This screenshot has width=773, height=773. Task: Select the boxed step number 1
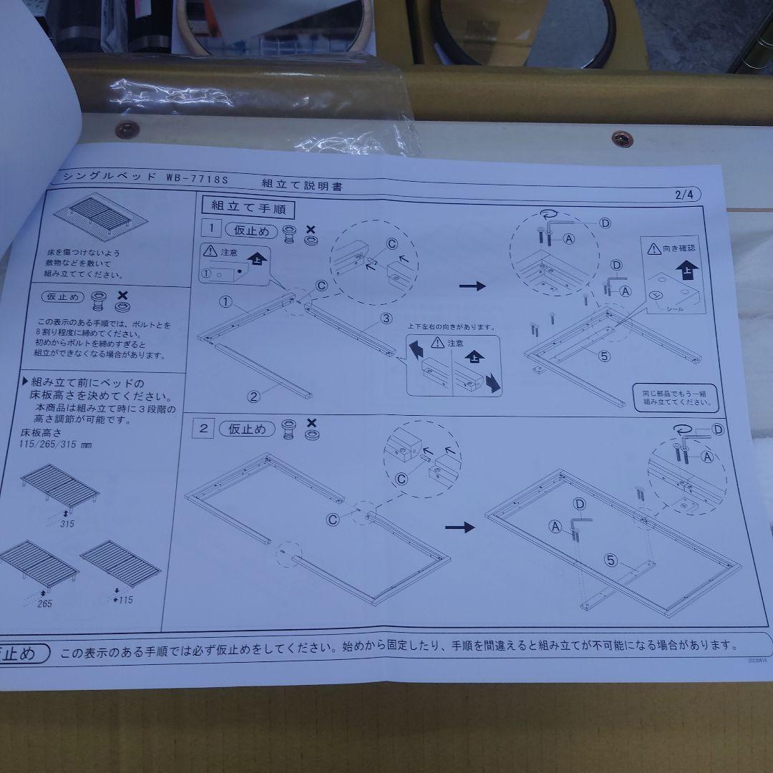click(x=210, y=230)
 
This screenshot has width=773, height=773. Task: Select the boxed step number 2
click(x=205, y=429)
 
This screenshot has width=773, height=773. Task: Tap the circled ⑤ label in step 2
click(x=610, y=560)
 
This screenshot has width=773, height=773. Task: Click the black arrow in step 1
click(x=472, y=286)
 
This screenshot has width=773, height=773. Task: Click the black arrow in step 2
click(x=460, y=528)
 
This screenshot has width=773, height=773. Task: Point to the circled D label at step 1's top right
click(x=604, y=223)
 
